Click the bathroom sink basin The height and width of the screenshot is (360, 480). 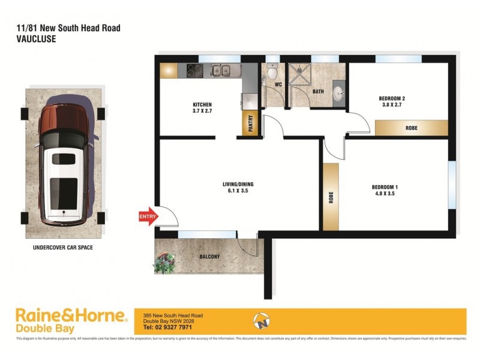338,94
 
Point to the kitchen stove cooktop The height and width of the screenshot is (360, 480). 194,70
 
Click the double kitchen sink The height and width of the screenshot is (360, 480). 220,70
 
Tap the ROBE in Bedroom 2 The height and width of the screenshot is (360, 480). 412,128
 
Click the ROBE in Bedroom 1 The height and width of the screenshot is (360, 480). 331,197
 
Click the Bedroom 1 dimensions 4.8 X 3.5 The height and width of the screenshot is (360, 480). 385,194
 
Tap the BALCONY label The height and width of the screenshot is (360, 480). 210,257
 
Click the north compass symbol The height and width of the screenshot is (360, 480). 261,321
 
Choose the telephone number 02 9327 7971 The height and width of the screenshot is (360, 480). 167,328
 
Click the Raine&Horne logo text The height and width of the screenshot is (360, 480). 71,315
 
